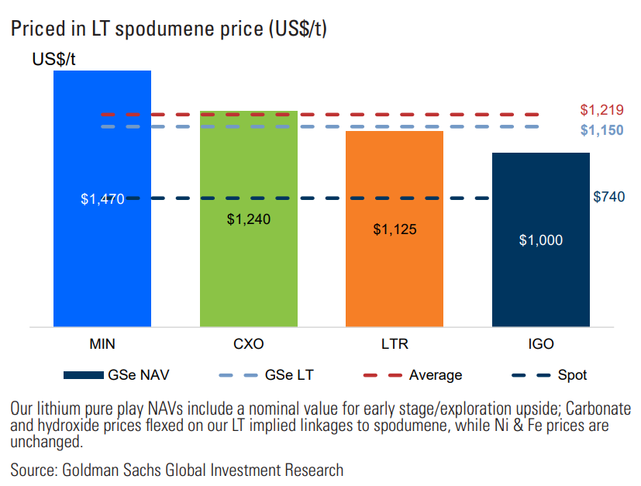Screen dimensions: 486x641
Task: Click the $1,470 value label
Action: [102, 199]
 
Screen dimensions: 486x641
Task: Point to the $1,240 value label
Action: [249, 219]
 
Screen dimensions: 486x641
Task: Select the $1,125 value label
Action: [395, 229]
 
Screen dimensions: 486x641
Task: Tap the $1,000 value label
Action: [540, 240]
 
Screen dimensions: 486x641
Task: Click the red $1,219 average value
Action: [601, 110]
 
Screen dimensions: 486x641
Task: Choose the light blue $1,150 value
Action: [601, 130]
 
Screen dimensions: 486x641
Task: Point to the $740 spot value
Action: [608, 197]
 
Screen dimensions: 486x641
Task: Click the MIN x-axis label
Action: [102, 343]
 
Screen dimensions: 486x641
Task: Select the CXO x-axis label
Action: [249, 343]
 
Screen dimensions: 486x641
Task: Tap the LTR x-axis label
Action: [395, 343]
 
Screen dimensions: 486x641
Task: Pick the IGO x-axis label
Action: [540, 343]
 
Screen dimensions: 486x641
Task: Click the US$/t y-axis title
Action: [53, 60]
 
